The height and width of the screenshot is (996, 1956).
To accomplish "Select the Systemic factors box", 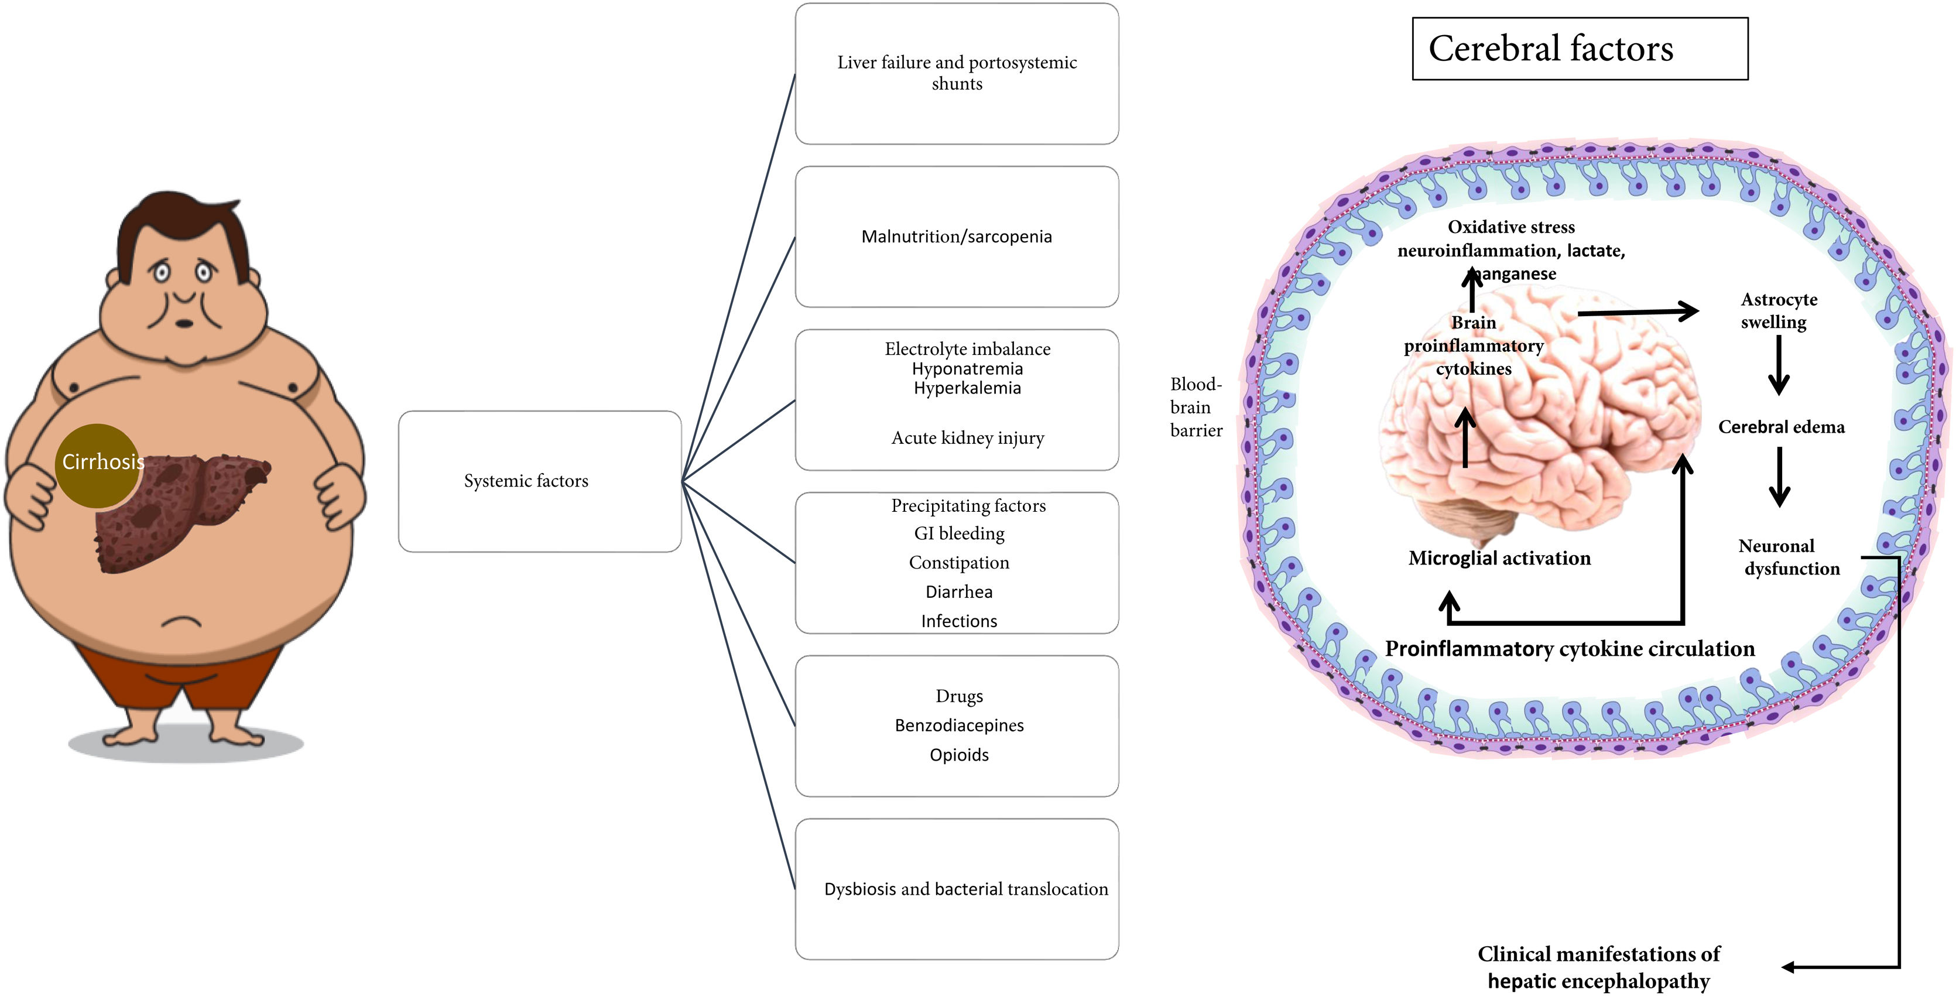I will tap(539, 481).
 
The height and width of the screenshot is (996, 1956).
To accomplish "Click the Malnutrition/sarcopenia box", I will tap(956, 237).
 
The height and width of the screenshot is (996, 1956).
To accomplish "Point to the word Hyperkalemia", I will tap(967, 388).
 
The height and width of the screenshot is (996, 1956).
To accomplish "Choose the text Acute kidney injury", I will tap(967, 438).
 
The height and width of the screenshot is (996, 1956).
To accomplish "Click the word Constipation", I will tap(959, 563).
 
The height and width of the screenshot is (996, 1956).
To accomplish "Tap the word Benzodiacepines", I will tap(959, 725).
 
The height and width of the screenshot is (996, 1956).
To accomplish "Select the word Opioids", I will tap(959, 755).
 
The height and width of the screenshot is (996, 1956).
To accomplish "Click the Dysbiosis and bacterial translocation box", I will tap(957, 889).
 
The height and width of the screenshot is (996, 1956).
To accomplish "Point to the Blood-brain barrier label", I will tap(1196, 408).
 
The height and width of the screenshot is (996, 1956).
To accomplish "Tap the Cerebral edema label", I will tap(1780, 427).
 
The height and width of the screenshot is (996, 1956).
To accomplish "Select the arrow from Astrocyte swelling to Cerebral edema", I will tap(1779, 366).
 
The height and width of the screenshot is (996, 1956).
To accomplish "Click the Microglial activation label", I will tap(1499, 559).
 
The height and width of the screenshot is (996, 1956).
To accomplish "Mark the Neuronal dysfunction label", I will tap(1788, 557).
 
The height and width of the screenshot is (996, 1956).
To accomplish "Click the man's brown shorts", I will tap(182, 672).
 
